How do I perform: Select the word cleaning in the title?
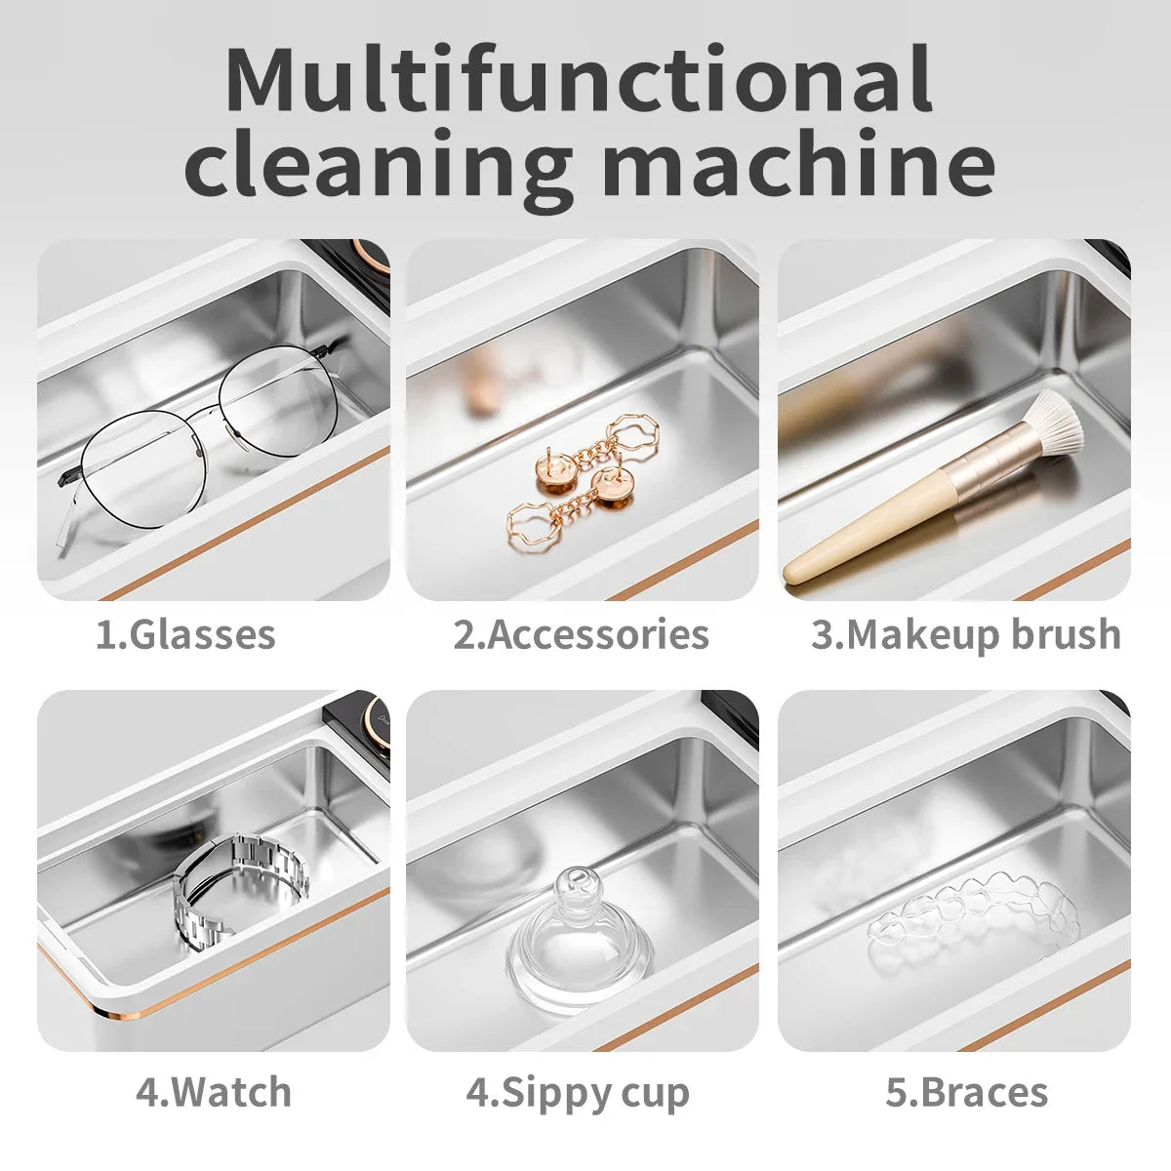[x=378, y=164]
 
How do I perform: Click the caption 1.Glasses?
[x=185, y=634]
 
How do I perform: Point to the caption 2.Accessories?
[x=581, y=634]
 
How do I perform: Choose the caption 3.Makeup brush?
[x=966, y=634]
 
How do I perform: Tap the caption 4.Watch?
[x=214, y=1092]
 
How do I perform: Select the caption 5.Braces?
[x=967, y=1092]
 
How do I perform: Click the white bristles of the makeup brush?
[x=1050, y=419]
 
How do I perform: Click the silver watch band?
[x=239, y=888]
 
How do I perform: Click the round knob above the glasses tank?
[x=372, y=256]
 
